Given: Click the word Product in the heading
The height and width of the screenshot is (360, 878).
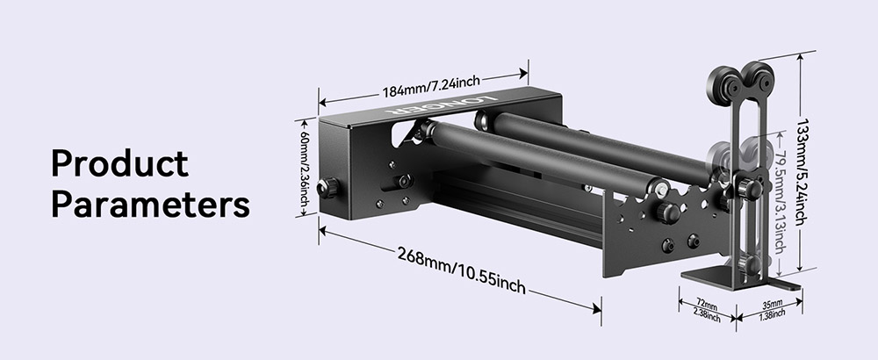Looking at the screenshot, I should click(119, 164).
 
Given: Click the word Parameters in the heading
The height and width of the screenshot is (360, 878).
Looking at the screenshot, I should click(150, 205).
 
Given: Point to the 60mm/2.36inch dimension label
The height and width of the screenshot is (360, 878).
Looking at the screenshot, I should click(303, 169).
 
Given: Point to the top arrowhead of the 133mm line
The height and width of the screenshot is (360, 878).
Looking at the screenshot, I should click(800, 54).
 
